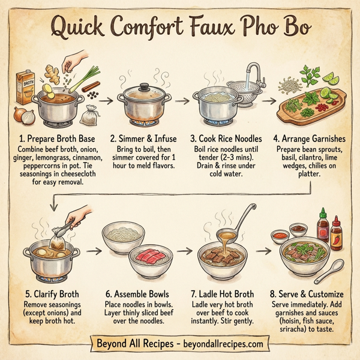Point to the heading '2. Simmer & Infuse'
(142, 139)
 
